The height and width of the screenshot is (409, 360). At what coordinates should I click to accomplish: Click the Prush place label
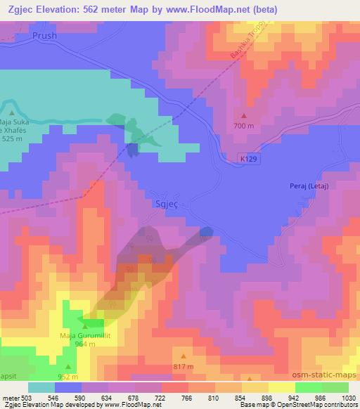pyautogui.click(x=44, y=34)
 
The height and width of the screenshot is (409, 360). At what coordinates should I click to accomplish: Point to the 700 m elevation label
pyautogui.click(x=244, y=125)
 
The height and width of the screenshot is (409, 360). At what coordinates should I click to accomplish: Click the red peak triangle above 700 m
pyautogui.click(x=244, y=116)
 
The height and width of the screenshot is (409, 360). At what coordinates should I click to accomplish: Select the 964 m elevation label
pyautogui.click(x=85, y=345)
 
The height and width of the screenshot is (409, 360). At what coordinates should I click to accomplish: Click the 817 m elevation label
pyautogui.click(x=183, y=366)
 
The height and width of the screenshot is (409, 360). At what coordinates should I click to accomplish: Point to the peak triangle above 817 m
pyautogui.click(x=183, y=357)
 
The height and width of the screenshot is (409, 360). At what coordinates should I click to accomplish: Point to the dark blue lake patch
pyautogui.click(x=132, y=148)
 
